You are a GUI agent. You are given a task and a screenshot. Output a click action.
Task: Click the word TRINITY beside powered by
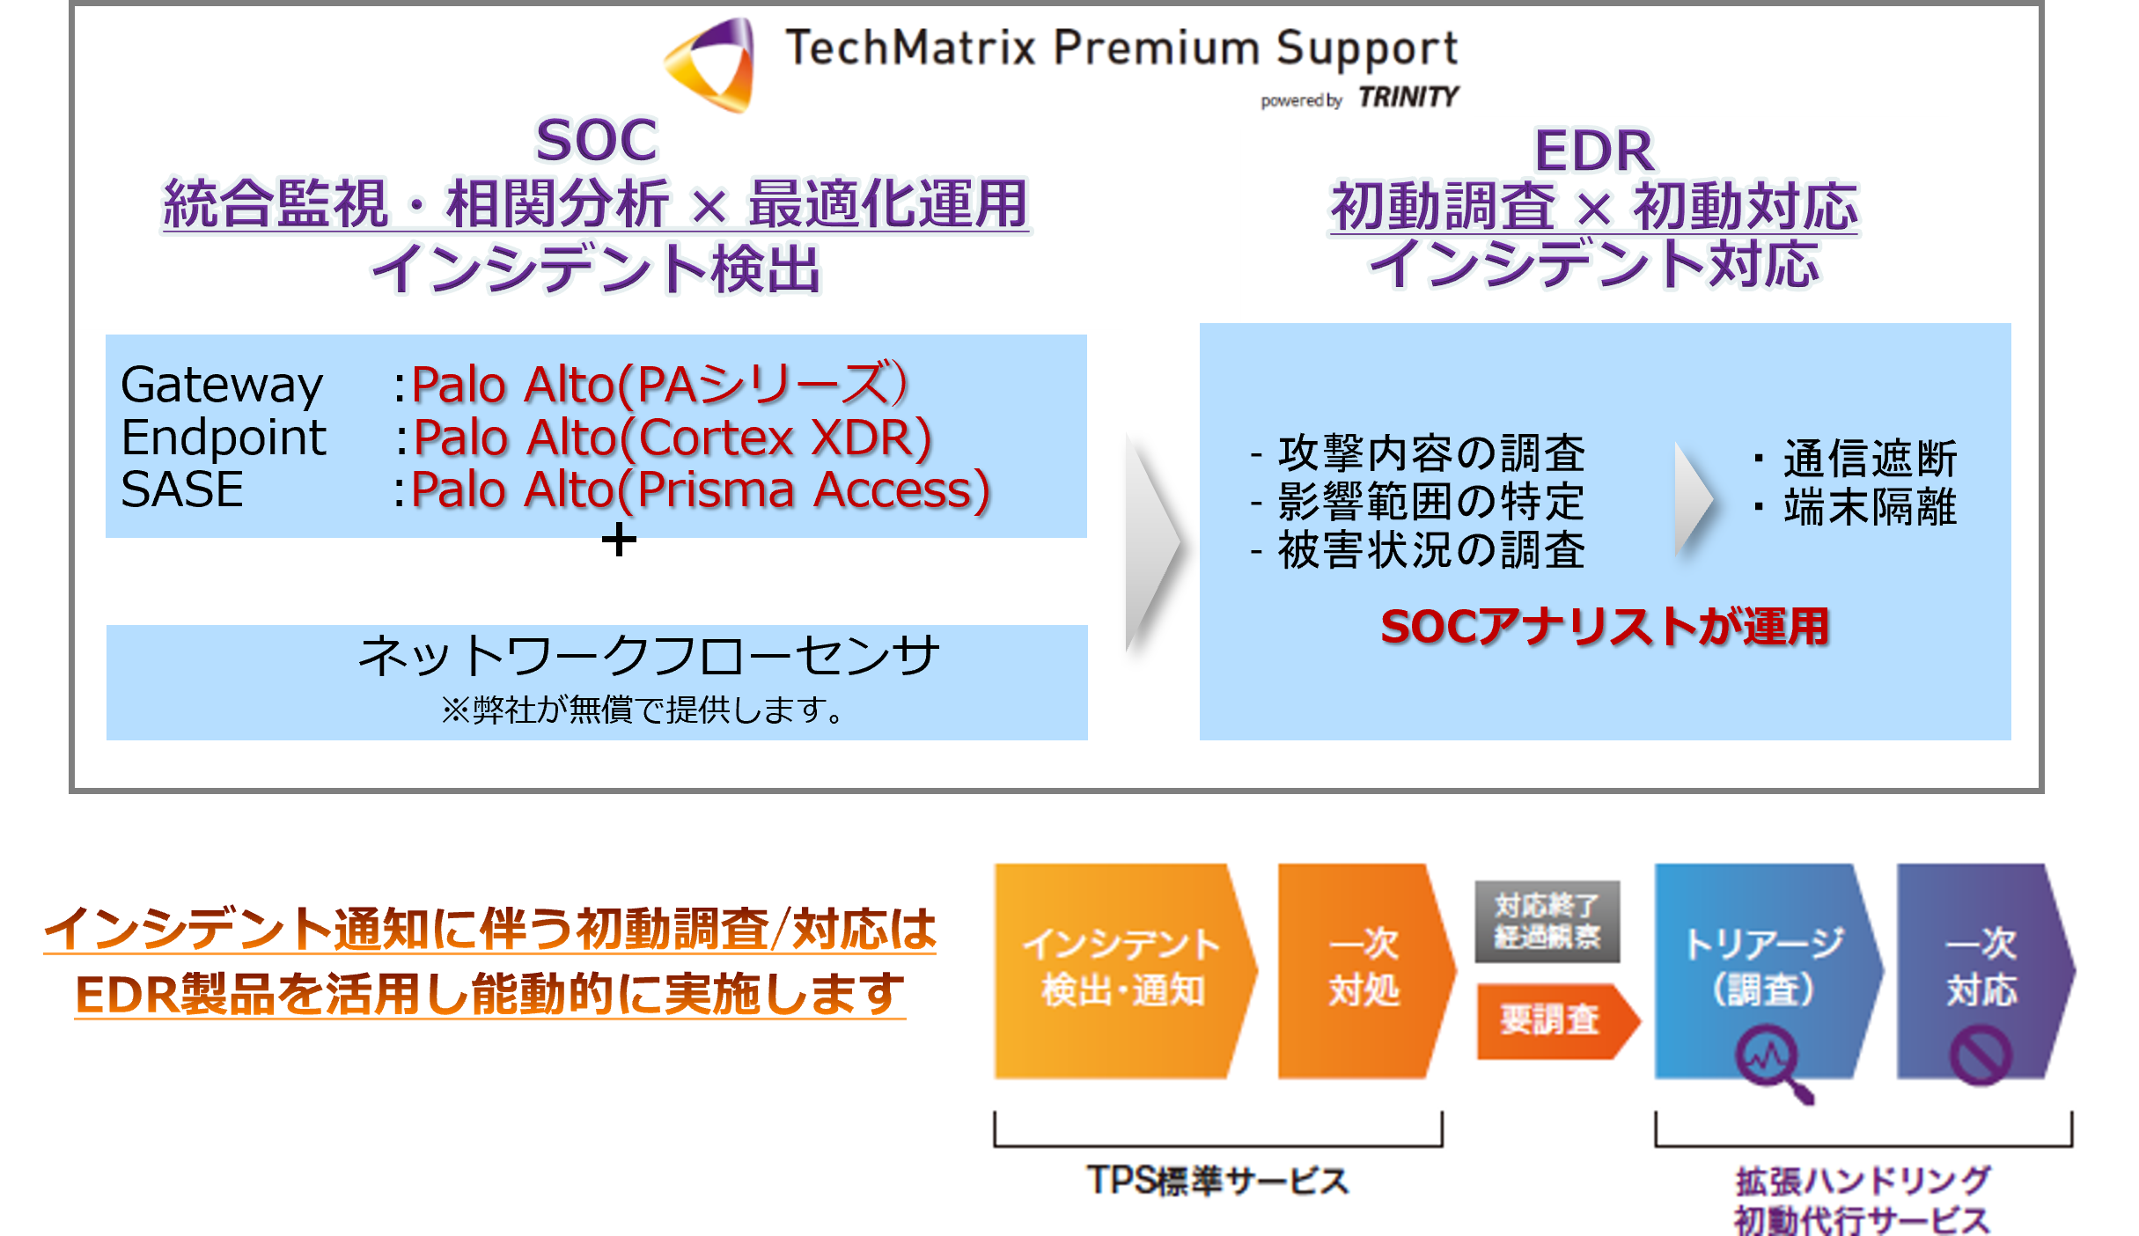coord(1408,97)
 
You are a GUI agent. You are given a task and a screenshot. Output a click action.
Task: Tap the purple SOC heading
coord(596,141)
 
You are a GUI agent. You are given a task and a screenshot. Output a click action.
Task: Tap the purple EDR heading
coord(1593,151)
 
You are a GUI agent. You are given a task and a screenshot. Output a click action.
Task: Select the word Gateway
coord(222,386)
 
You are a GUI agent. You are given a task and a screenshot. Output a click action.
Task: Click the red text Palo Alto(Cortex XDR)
coord(673,438)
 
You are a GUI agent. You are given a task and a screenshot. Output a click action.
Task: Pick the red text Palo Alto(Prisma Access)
coord(701,490)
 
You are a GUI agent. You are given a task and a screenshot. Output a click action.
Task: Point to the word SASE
coord(182,489)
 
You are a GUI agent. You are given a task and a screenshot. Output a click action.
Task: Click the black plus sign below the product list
coord(619,539)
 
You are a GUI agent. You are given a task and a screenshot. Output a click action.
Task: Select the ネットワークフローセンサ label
coord(649,656)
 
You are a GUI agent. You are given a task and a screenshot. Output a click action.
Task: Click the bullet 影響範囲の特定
coord(1430,502)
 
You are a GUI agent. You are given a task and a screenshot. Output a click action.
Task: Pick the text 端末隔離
coord(1870,507)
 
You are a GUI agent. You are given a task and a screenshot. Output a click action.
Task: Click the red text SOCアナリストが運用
coord(1604,627)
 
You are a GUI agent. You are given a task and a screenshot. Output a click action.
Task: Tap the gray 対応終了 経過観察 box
coord(1547,921)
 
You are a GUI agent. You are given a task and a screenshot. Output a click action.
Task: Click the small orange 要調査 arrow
coord(1555,1021)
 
